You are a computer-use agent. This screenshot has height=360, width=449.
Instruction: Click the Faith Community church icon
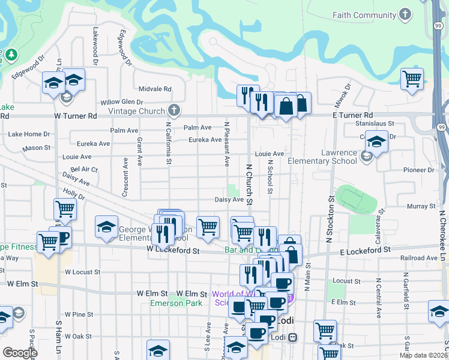[x=406, y=14]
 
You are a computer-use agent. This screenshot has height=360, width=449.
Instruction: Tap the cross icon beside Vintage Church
[x=174, y=110]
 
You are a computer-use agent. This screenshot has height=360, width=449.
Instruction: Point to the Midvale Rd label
[x=155, y=89]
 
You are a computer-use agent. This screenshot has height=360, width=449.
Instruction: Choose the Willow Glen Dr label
[x=122, y=103]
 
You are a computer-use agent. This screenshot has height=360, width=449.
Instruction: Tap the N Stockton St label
[x=330, y=218]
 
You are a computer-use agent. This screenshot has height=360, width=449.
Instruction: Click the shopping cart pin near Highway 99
[x=412, y=79]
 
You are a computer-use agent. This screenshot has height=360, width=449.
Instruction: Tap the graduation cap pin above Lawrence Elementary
[x=376, y=143]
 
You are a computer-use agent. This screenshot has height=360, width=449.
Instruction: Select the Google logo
[x=20, y=353]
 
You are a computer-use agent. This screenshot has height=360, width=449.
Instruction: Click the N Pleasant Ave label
[x=227, y=145]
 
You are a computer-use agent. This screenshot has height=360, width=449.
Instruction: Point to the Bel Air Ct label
[x=84, y=170]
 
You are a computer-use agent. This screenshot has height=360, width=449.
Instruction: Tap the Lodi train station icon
[x=292, y=337]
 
